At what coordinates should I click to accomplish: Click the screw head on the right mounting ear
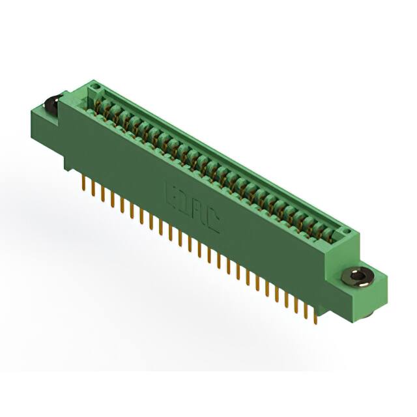pyautogui.click(x=356, y=277)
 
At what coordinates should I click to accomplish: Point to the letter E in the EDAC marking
pyautogui.click(x=168, y=195)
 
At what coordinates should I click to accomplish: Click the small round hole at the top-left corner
pyautogui.click(x=94, y=86)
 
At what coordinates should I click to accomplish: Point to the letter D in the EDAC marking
pyautogui.click(x=183, y=205)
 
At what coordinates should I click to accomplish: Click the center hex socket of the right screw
pyautogui.click(x=356, y=277)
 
